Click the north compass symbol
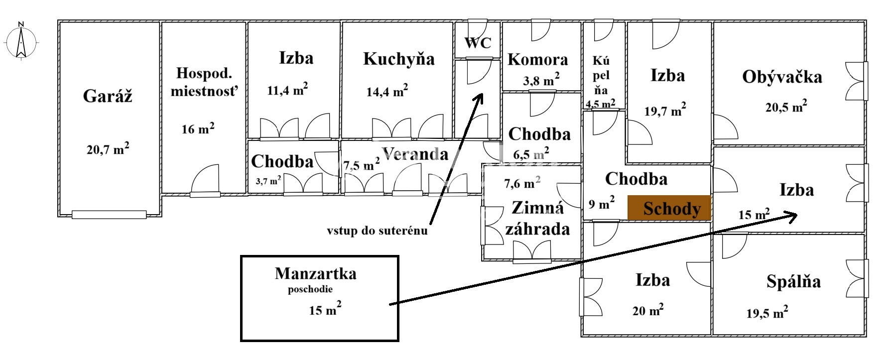[x=21, y=42]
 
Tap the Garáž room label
[x=108, y=96]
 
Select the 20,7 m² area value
[x=108, y=149]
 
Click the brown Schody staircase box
[x=668, y=208]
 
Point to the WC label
[x=478, y=43]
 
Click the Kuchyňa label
[x=398, y=59]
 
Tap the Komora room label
[x=537, y=60]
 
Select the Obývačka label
[x=782, y=77]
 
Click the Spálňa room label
[x=793, y=282]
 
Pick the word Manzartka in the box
[x=315, y=273]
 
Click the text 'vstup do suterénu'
[x=377, y=231]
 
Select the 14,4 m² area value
[x=387, y=91]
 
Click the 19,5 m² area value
[x=767, y=313]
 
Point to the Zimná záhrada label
[x=537, y=218]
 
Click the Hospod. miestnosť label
[x=204, y=82]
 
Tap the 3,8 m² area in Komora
[x=541, y=80]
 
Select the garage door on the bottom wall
[x=109, y=215]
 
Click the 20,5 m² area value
[x=786, y=107]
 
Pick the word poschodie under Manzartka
[x=310, y=289]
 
